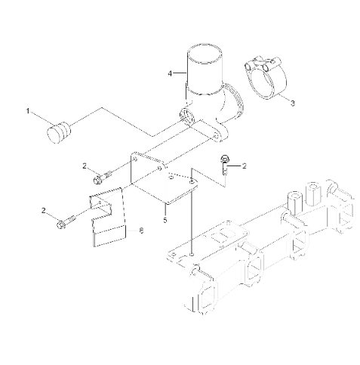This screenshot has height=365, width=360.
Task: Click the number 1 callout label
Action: tap(29, 111)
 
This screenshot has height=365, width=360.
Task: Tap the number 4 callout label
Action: tap(171, 73)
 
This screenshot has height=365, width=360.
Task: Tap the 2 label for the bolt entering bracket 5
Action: tap(85, 165)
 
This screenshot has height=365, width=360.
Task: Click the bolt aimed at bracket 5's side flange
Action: tap(101, 178)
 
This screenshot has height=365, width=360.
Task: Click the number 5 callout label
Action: tap(165, 221)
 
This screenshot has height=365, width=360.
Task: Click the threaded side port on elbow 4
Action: tap(186, 118)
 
